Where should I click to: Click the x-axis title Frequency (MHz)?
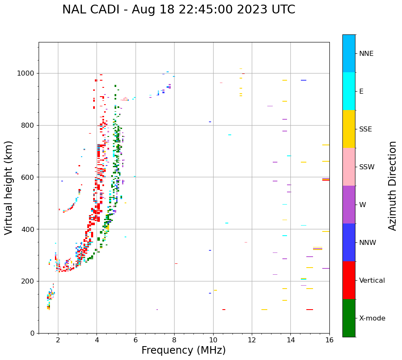click(x=183, y=350)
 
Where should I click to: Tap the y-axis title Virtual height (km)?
click(x=9, y=187)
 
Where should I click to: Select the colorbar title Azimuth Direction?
click(x=392, y=186)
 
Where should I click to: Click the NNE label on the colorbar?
click(x=366, y=54)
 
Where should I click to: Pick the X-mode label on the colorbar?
click(x=372, y=318)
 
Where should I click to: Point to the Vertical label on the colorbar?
click(x=372, y=281)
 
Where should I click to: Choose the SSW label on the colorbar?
click(x=367, y=167)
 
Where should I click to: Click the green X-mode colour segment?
click(x=349, y=318)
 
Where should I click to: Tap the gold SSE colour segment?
click(x=349, y=129)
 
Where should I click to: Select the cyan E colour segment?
click(x=349, y=91)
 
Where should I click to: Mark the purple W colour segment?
click(x=349, y=205)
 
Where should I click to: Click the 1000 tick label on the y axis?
click(x=26, y=74)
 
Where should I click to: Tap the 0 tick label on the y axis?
click(x=32, y=334)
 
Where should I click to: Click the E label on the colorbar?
click(x=361, y=92)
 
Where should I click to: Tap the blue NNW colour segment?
click(x=349, y=242)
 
